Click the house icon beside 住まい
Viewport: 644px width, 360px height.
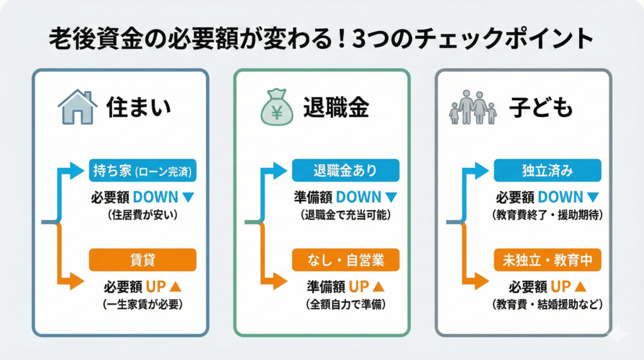[77, 107]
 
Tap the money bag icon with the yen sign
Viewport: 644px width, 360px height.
[277, 108]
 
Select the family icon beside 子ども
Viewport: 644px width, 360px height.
[473, 107]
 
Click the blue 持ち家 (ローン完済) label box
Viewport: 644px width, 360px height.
[143, 170]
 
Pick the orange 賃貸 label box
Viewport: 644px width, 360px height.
[143, 259]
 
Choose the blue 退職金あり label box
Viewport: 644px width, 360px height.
[345, 170]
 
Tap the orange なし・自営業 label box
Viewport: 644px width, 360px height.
[345, 259]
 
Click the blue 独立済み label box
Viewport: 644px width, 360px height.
[547, 170]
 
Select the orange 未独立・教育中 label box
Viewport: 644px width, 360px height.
[547, 259]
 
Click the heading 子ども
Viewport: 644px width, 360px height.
[543, 108]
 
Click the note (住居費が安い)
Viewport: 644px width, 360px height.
[143, 215]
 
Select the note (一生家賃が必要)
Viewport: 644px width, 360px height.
[143, 305]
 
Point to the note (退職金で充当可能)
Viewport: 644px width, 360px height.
[345, 215]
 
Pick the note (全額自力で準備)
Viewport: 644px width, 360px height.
[345, 305]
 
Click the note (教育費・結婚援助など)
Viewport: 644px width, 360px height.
[547, 305]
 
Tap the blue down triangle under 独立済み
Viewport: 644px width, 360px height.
[592, 197]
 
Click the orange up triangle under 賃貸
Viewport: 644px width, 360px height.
[176, 286]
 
